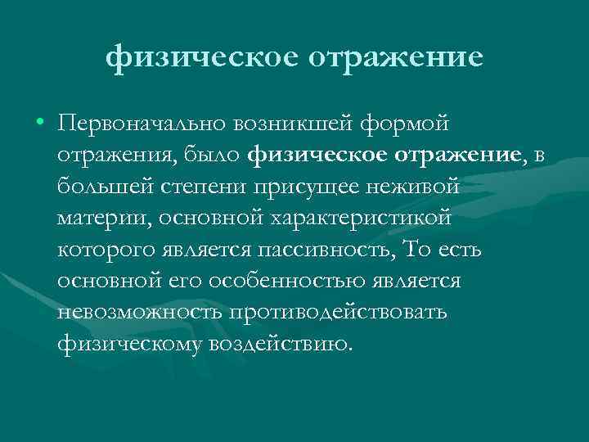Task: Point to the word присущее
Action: coord(308,187)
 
